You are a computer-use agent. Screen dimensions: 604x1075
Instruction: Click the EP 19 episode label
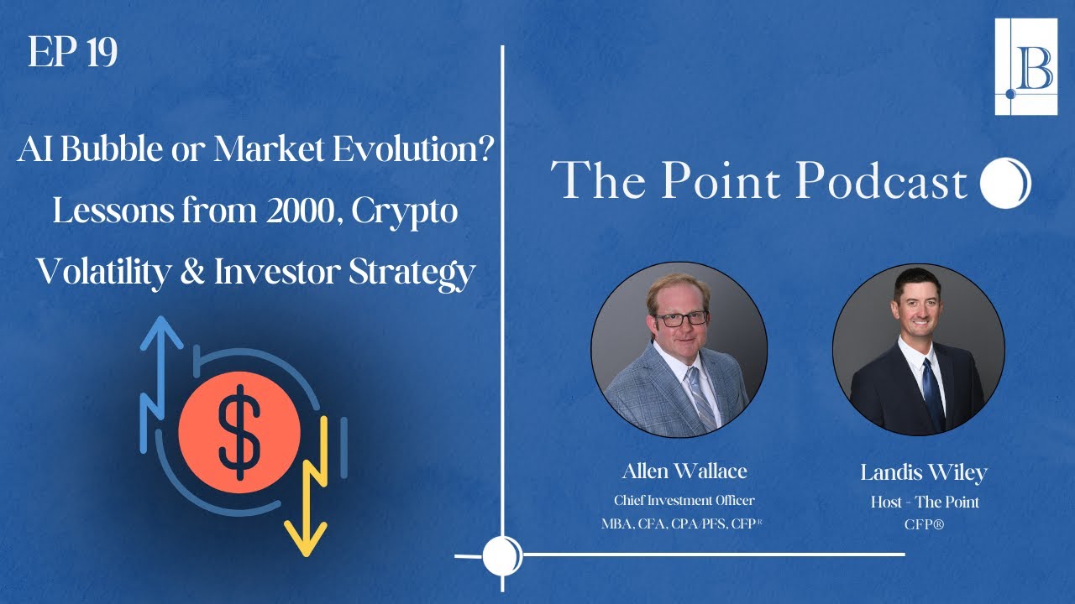[x=72, y=54]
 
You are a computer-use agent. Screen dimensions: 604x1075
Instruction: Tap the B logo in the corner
[x=1025, y=66]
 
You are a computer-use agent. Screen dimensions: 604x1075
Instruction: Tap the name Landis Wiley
[x=923, y=472]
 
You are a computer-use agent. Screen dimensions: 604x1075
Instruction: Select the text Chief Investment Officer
[x=684, y=501]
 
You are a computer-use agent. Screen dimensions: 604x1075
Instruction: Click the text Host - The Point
[x=923, y=502]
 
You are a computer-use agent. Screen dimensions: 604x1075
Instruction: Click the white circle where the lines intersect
[x=502, y=555]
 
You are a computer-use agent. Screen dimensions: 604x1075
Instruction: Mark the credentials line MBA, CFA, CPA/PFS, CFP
[x=684, y=526]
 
